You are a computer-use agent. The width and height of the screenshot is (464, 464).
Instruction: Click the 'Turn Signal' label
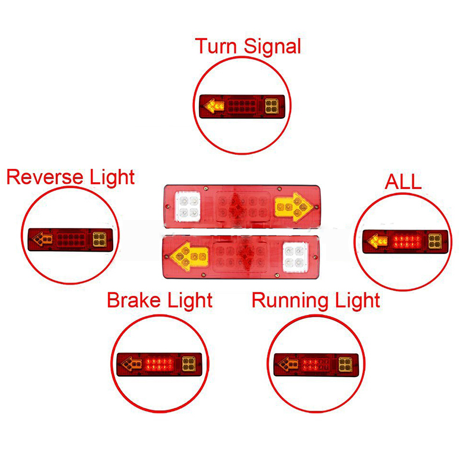coord(248,46)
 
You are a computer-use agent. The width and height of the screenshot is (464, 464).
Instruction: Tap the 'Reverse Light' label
coord(70,177)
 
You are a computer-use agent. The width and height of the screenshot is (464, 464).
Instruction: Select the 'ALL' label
coord(403,182)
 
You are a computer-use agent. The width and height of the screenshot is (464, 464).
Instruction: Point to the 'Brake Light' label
coord(160,300)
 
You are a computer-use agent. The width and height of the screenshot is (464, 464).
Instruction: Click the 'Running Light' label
coord(316,300)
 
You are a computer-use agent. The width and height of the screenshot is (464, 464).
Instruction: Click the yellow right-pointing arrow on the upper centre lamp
coord(293,207)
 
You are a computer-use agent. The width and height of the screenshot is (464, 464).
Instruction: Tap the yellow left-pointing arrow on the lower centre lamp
coord(190,256)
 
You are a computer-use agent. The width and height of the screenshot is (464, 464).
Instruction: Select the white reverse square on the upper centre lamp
coord(187,206)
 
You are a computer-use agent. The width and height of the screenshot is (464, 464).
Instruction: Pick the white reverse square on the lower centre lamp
coord(295,257)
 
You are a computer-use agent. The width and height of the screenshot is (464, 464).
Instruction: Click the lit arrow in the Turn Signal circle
coord(214,106)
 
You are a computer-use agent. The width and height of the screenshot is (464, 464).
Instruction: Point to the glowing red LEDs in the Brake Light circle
coord(159,364)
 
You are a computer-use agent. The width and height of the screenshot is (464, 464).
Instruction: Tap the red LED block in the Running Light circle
coord(315,364)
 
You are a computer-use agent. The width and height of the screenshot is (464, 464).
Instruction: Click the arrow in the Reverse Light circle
coord(42,239)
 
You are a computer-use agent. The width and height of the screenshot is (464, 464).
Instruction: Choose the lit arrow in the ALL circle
coord(378,241)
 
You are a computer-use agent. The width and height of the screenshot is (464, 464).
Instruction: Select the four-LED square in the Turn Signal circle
coord(271,106)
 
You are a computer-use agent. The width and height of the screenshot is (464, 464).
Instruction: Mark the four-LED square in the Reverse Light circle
coord(100,240)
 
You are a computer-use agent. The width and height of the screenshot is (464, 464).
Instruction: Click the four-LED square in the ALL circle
coord(435,241)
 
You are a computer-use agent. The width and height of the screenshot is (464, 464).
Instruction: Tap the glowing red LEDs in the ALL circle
coord(407,241)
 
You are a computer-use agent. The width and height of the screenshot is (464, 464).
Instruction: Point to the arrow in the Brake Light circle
coord(132,364)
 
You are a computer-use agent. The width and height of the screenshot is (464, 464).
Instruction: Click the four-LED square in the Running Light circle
coord(345,365)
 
